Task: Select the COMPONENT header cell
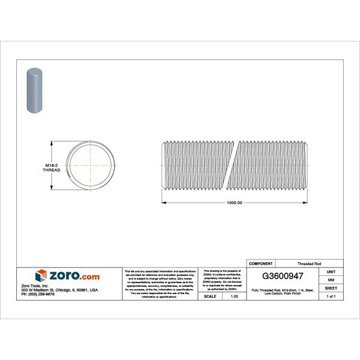(261, 263)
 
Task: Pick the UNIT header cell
(331, 271)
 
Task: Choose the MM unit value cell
(331, 280)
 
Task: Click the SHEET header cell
(331, 288)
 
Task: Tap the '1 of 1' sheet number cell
(331, 296)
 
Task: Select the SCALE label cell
(210, 296)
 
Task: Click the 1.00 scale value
(234, 296)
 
